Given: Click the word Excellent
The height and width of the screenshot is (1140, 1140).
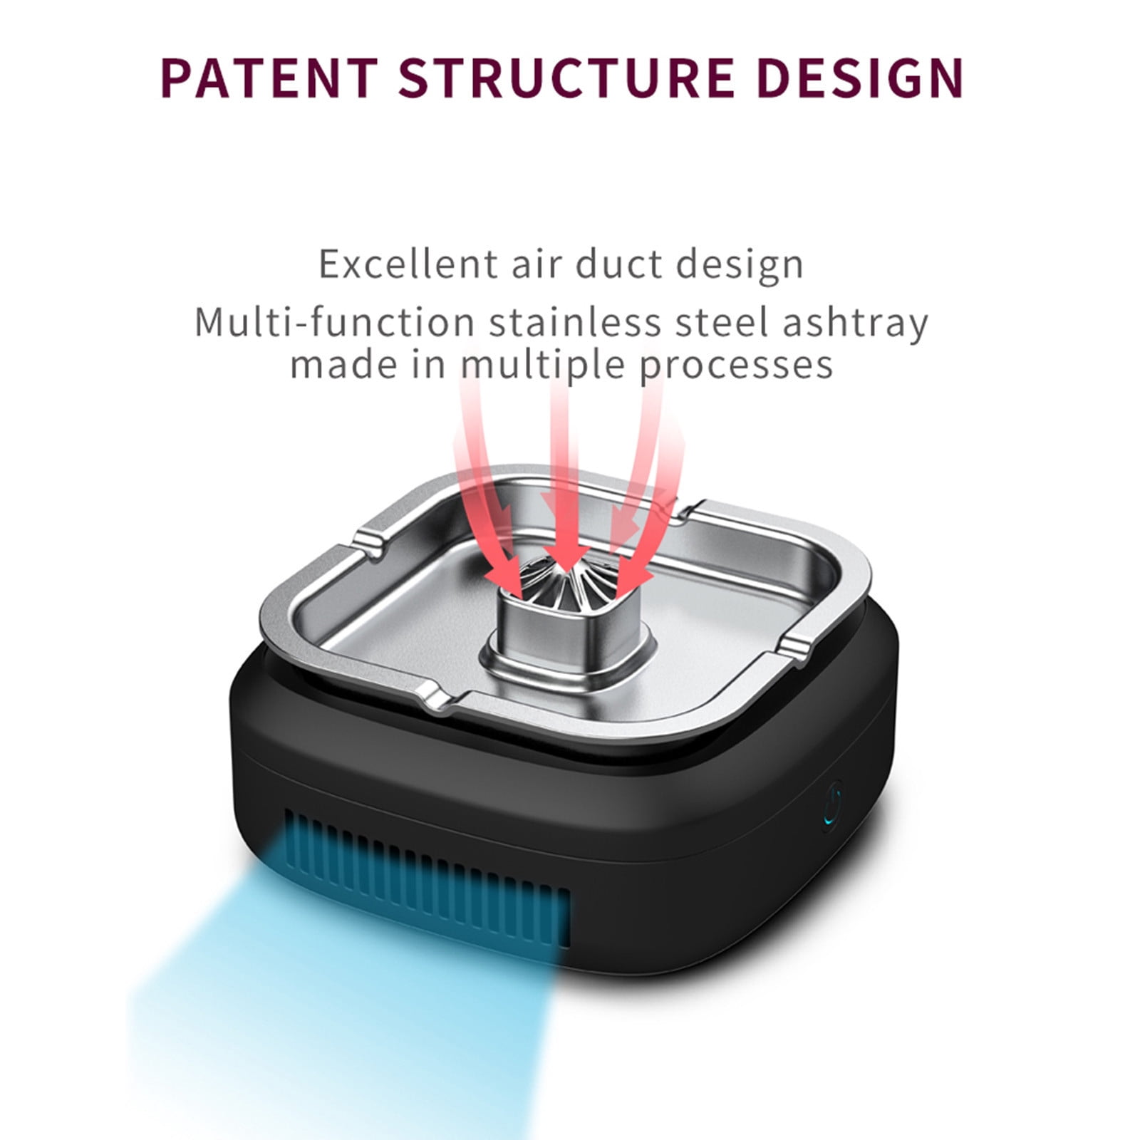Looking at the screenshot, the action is [x=408, y=264].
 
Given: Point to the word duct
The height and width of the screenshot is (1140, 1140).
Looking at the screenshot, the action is [x=618, y=264].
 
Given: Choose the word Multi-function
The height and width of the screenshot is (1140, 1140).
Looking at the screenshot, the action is [x=334, y=322].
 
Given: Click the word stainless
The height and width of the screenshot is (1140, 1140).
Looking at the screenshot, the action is [x=575, y=322].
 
